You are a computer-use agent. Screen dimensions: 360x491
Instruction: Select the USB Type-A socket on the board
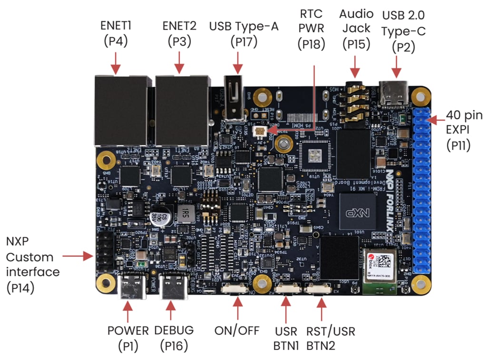point(235,102)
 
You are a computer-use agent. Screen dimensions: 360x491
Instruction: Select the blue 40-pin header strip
point(422,190)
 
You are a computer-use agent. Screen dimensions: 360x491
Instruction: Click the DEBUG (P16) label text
point(174,338)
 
